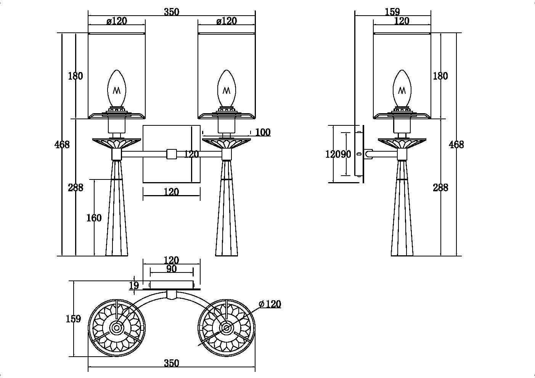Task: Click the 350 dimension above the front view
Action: (171, 12)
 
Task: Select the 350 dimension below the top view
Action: (171, 363)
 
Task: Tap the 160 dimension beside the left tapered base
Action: (94, 218)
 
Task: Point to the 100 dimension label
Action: (263, 132)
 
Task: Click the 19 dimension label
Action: (134, 285)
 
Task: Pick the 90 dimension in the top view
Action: (172, 269)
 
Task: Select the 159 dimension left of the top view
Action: (73, 319)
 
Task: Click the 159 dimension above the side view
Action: (392, 12)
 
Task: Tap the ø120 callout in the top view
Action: (270, 304)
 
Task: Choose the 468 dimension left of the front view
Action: (62, 144)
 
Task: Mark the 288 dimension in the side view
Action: (440, 187)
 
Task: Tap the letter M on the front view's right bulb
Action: (227, 91)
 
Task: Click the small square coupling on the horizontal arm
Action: (172, 154)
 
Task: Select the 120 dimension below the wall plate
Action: (171, 192)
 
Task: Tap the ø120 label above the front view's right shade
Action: (227, 21)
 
